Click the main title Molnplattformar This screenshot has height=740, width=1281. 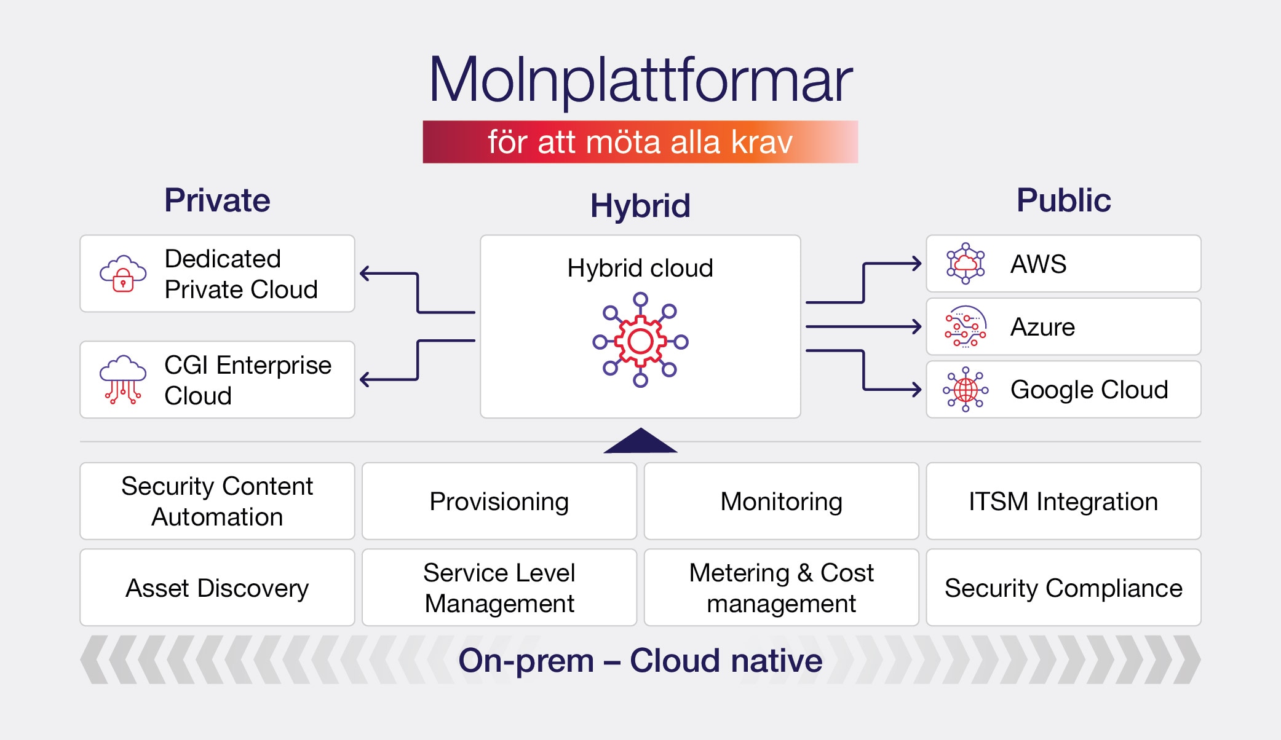pyautogui.click(x=640, y=80)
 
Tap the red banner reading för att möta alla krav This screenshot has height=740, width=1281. pyautogui.click(x=640, y=142)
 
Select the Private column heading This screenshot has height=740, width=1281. pyautogui.click(x=217, y=200)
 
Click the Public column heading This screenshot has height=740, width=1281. pyautogui.click(x=1063, y=200)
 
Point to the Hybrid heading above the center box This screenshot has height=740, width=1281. pyautogui.click(x=640, y=206)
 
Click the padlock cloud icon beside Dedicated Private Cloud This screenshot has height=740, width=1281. pyautogui.click(x=123, y=274)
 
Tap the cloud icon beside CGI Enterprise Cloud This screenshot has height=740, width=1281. pyautogui.click(x=123, y=379)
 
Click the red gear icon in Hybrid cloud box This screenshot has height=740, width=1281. pyautogui.click(x=640, y=340)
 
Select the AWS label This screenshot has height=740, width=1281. pyautogui.click(x=1038, y=264)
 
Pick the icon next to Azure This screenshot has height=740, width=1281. pyautogui.click(x=965, y=326)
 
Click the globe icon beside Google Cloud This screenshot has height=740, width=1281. pyautogui.click(x=966, y=390)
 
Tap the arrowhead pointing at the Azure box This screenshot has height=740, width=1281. pyautogui.click(x=917, y=326)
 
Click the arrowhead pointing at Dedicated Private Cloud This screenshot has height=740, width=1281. pyautogui.click(x=365, y=274)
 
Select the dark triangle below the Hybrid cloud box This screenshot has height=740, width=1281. pyautogui.click(x=640, y=442)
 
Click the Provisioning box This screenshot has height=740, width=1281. pyautogui.click(x=499, y=502)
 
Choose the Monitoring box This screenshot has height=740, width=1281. pyautogui.click(x=781, y=502)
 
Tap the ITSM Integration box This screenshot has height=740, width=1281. pyautogui.click(x=1063, y=502)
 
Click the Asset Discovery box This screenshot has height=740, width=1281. pyautogui.click(x=217, y=588)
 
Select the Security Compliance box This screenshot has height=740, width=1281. pyautogui.click(x=1063, y=588)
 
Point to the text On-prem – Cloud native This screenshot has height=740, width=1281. pyautogui.click(x=640, y=661)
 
